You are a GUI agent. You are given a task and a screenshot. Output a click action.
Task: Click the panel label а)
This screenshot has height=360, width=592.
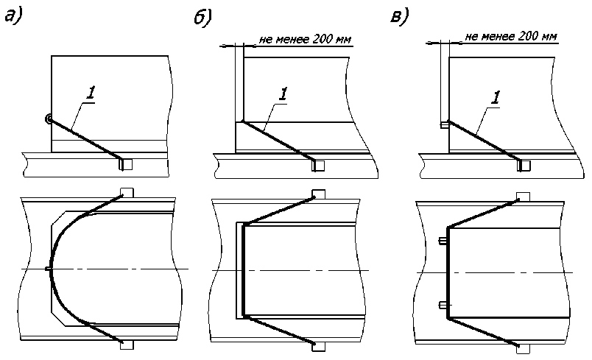tap(14, 16)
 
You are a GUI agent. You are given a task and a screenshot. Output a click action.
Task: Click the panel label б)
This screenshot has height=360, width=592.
tap(202, 18)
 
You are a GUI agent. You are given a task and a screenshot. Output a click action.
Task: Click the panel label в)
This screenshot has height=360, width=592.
tap(400, 16)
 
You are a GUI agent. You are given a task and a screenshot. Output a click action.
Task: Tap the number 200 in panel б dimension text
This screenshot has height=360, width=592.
tap(322, 39)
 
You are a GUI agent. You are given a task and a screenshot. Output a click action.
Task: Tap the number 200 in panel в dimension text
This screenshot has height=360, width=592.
tap(528, 36)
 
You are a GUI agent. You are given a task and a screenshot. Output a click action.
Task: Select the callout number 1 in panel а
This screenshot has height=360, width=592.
tap(91, 93)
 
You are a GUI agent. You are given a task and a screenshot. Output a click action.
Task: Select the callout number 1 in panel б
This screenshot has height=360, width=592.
tap(283, 93)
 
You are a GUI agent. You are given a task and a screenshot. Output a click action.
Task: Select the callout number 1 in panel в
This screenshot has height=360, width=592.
tap(496, 98)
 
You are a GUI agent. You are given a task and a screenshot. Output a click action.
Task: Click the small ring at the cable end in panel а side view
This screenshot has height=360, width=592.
tap(48, 119)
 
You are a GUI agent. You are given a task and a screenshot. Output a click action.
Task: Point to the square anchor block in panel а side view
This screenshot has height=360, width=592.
tap(126, 164)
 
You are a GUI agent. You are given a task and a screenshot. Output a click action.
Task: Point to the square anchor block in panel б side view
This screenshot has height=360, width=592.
tap(318, 166)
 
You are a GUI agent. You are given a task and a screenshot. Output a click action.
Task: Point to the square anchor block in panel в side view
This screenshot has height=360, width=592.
tap(524, 166)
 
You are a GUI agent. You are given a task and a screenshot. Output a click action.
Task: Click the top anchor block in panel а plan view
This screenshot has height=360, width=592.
tap(127, 192)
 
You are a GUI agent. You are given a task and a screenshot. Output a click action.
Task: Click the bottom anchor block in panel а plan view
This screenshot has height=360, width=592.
tap(127, 345)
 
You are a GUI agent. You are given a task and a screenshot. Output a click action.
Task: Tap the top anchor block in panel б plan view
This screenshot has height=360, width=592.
tap(319, 194)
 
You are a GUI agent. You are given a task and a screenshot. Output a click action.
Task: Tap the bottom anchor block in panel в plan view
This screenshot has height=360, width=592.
tap(523, 349)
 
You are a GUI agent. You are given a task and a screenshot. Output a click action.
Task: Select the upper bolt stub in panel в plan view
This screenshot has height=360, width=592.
tap(443, 241)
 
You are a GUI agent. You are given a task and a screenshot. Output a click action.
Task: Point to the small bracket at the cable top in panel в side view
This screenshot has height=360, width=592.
tap(445, 124)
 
